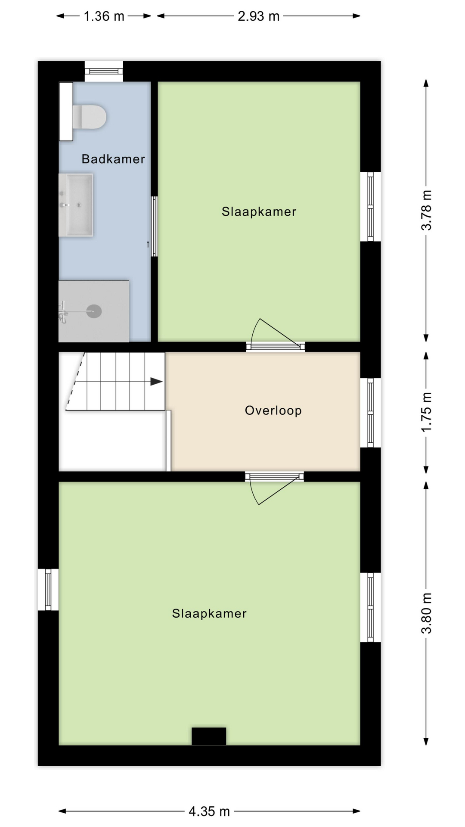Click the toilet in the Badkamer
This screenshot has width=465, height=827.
point(89,116)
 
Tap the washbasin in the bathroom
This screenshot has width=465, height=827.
point(76,205)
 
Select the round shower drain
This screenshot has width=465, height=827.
point(94,311)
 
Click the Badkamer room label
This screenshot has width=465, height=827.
point(113,159)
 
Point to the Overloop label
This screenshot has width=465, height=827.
point(273,410)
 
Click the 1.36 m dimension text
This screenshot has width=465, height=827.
point(104,16)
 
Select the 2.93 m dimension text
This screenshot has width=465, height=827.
point(259,16)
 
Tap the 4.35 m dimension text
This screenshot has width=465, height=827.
point(209,811)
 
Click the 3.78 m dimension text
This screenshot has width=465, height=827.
point(426,210)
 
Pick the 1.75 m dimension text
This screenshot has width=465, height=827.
point(426,412)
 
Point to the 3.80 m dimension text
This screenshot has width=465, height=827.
point(426,613)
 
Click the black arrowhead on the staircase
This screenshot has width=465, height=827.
point(156,382)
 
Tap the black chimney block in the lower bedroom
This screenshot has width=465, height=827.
point(209,736)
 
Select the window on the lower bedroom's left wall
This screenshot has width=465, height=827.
point(48,590)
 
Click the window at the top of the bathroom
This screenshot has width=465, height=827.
point(104,72)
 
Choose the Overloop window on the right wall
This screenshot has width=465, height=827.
point(370,413)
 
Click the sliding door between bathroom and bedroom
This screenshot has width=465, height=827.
point(154,227)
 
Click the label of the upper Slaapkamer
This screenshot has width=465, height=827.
point(259,211)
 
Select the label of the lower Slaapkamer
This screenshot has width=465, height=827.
point(209,613)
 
